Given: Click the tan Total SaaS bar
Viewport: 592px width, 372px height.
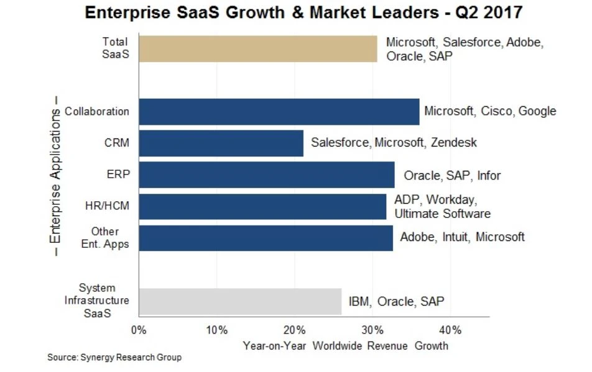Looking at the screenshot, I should point(258,48).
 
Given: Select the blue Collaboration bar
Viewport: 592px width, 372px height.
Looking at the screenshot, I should point(279,112).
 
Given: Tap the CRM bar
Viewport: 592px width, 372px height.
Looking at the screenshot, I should point(221,143).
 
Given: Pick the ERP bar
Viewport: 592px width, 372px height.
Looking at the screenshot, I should point(267,175).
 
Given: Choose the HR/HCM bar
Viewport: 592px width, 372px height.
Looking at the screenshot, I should point(262,206).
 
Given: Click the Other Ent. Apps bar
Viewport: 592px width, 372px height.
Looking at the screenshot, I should point(266,238).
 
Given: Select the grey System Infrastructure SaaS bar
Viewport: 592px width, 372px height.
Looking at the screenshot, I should point(240,301).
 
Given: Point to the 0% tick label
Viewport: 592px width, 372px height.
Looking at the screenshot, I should point(139,329).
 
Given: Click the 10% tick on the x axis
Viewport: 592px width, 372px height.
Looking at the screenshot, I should point(216,329).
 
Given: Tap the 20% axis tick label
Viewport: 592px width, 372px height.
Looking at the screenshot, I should point(294,329).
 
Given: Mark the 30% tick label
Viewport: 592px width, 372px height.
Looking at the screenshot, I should point(372,329).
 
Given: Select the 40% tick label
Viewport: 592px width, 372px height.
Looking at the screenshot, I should point(450,329).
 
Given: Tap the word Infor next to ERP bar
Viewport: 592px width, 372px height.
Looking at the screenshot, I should point(489,175).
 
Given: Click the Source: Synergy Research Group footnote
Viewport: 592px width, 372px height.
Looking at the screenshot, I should point(114,358).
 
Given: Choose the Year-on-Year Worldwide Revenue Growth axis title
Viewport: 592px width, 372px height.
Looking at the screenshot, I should point(345,345).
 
